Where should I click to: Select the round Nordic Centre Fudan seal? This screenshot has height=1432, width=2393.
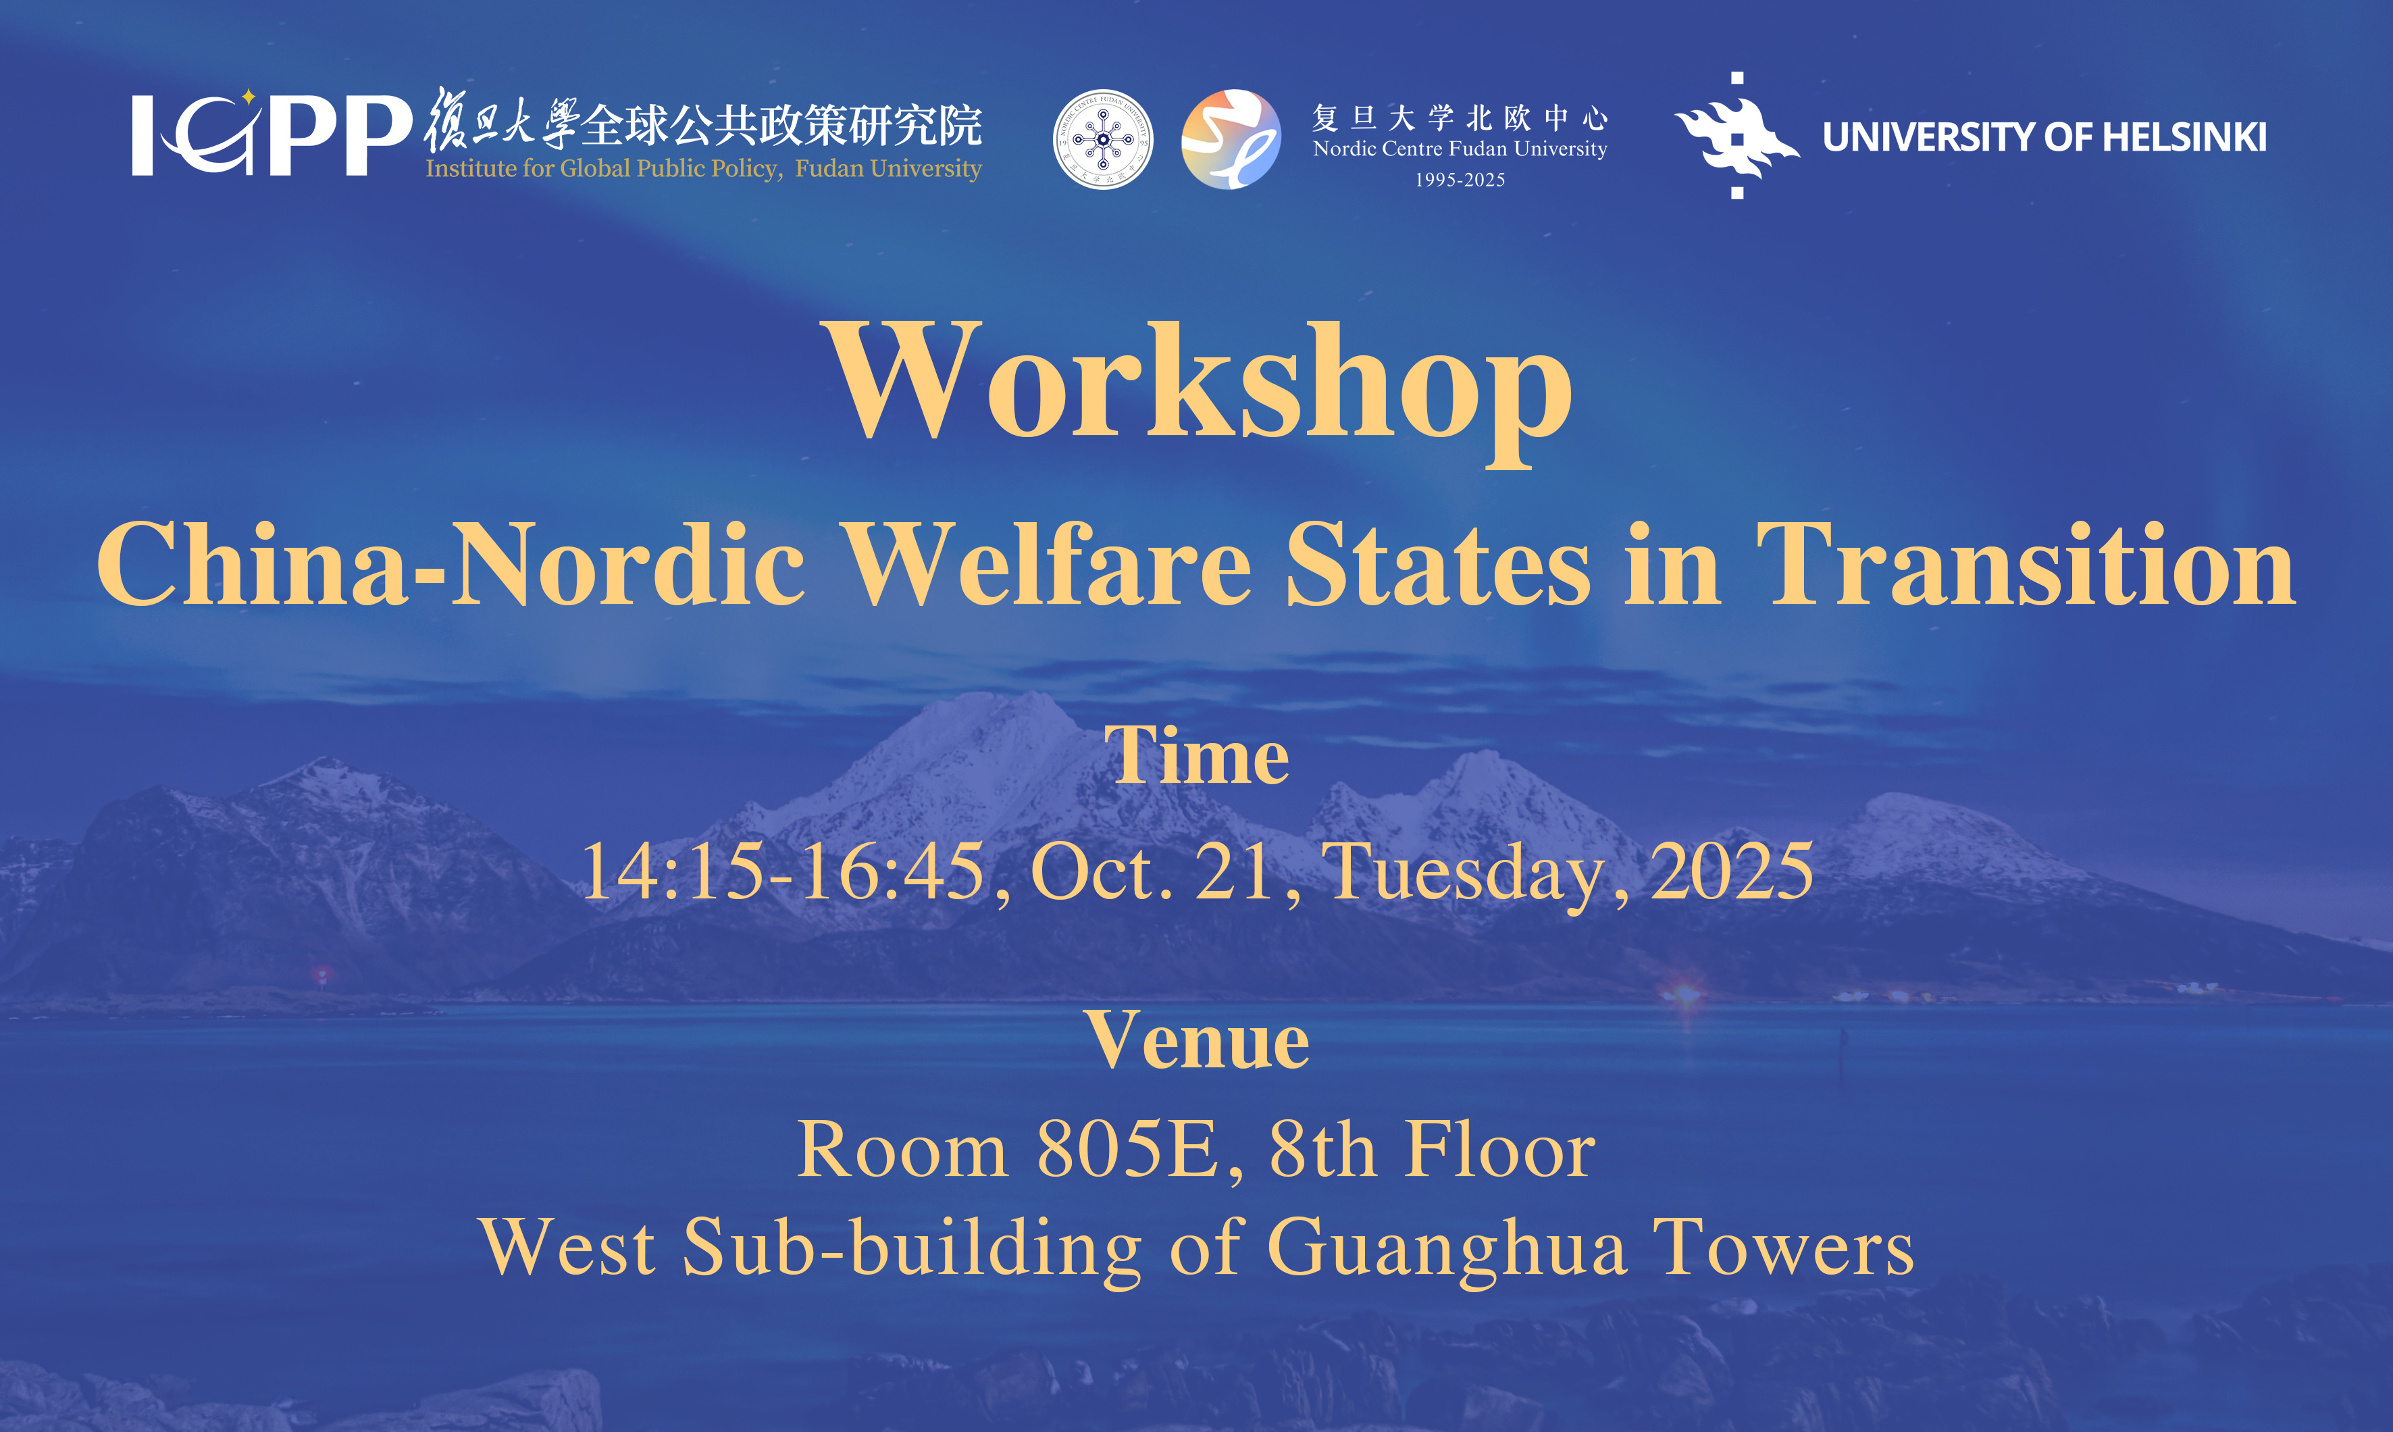(1103, 139)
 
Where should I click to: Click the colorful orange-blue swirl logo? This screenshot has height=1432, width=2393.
(1231, 139)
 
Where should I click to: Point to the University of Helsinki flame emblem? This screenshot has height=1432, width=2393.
(1737, 135)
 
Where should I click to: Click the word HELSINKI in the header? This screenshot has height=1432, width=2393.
(2184, 137)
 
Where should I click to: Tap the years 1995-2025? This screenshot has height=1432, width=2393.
(1460, 180)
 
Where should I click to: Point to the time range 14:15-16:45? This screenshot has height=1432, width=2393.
(783, 871)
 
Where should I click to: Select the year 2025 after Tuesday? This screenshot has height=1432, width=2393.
(1732, 871)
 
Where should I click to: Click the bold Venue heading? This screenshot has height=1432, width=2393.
(1197, 1040)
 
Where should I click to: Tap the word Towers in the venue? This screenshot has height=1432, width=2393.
(1784, 1247)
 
